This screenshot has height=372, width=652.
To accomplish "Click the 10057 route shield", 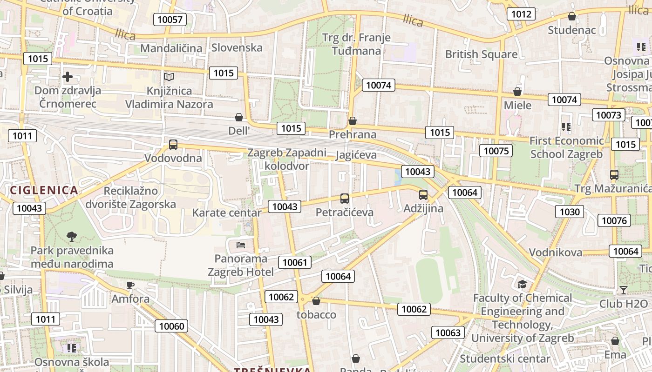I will pos(170,19).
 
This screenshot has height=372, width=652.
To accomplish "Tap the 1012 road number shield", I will pos(521,14).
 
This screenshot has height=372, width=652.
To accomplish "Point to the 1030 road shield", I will pos(569,212).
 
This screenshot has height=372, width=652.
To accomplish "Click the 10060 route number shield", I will pos(172,326).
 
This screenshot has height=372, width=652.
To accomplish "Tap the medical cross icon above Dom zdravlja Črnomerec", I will pos(68,77).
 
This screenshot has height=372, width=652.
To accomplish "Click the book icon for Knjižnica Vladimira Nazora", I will pos(169,77).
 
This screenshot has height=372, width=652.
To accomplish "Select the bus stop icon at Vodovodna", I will pos(173,145).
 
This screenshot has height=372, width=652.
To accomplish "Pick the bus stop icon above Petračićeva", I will pos(345,199).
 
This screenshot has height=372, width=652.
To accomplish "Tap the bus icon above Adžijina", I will pos(423,195).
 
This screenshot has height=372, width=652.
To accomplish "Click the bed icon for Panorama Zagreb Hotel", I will pos(241,245).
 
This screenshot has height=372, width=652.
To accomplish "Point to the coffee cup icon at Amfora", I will pos(130,285).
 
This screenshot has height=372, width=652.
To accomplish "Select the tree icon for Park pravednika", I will pos(72,237).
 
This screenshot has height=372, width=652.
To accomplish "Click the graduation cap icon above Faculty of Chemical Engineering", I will pos(522,284).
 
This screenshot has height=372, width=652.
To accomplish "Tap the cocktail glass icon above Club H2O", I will pos(623,290).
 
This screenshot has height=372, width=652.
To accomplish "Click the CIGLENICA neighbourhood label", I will pos(44,190).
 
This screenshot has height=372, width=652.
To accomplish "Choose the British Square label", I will pos(481,54).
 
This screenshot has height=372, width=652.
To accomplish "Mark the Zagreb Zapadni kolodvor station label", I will pos(287,159).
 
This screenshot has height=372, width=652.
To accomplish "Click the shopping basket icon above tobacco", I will pos(316,301).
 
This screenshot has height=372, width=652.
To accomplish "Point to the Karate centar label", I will pos(227,213).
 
